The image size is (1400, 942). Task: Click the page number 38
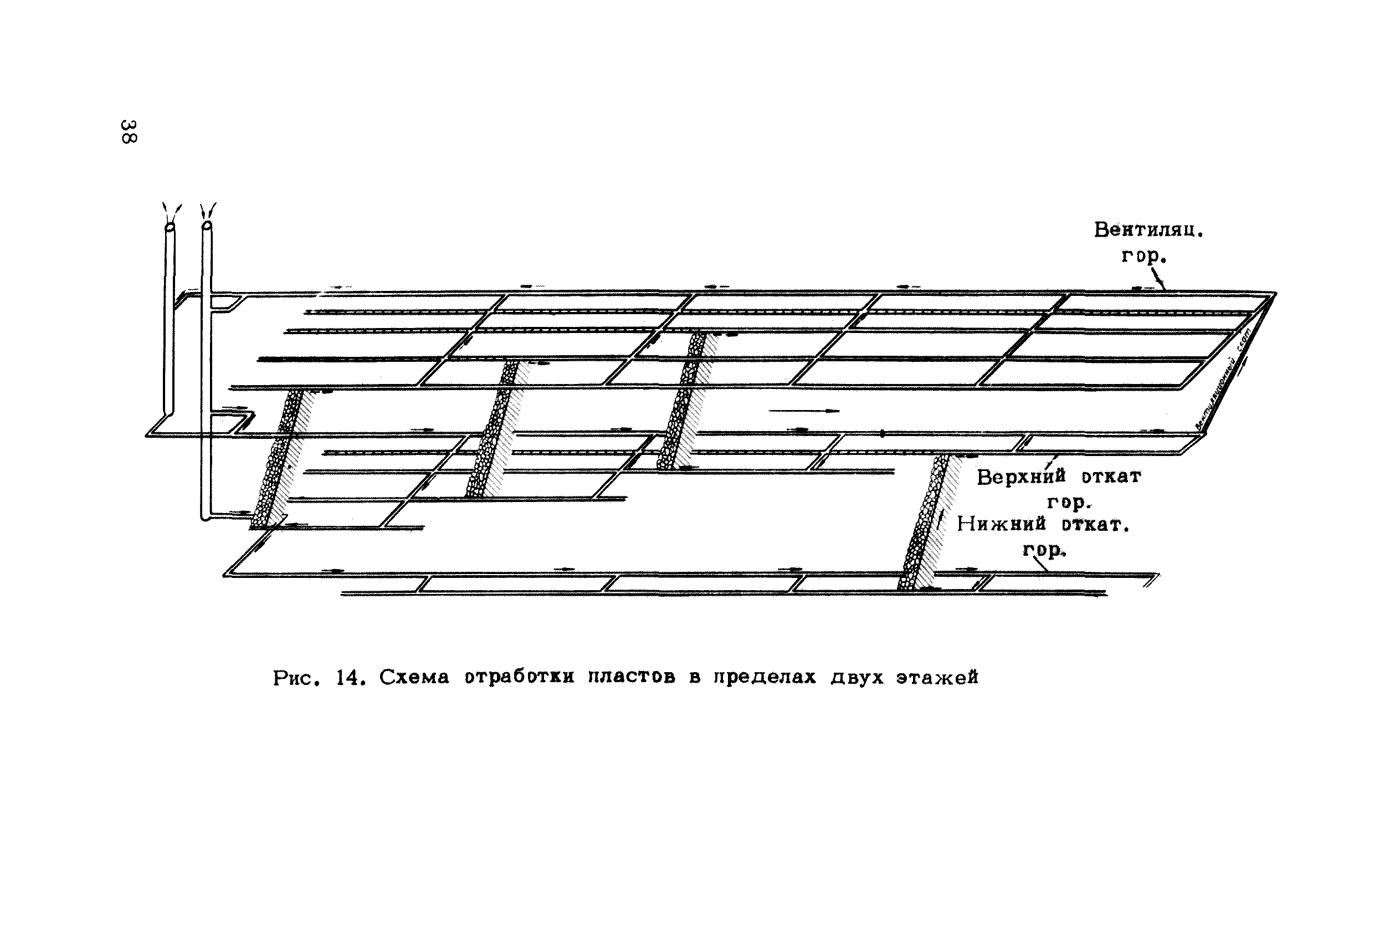[129, 131]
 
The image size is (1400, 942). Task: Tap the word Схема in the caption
[414, 678]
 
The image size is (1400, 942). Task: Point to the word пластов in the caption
[630, 678]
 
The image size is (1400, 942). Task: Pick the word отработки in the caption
[519, 678]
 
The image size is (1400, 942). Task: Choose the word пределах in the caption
[765, 678]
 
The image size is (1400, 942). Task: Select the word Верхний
[1021, 477]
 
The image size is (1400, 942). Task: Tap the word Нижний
[1001, 524]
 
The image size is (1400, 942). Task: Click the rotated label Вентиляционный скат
[1223, 378]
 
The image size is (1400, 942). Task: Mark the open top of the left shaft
[170, 228]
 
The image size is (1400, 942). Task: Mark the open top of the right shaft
[207, 226]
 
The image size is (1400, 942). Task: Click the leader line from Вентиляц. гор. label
[1158, 279]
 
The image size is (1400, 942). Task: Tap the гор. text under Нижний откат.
[1044, 550]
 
